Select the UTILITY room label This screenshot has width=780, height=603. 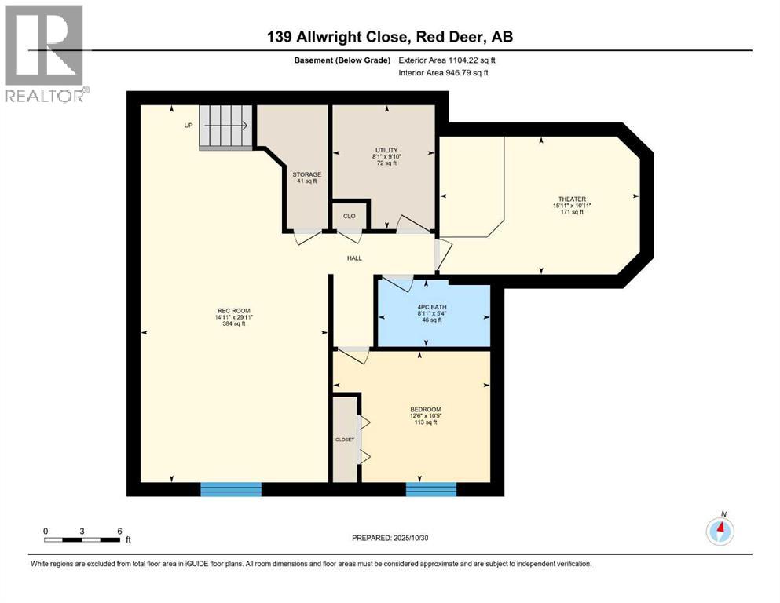[386, 150]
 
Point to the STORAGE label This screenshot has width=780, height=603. [306, 174]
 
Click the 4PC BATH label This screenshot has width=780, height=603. [429, 306]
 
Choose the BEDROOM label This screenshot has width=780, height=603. [425, 409]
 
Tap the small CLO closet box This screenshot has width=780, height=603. [350, 215]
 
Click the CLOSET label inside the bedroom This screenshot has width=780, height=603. [344, 440]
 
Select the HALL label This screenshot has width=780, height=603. [355, 258]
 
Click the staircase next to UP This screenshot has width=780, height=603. [225, 126]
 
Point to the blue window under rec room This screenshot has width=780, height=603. [231, 489]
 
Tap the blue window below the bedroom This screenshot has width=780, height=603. [430, 489]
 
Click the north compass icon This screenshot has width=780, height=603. [720, 532]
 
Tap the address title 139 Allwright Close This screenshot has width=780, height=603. [390, 37]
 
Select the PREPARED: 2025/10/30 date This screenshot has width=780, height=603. [390, 538]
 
